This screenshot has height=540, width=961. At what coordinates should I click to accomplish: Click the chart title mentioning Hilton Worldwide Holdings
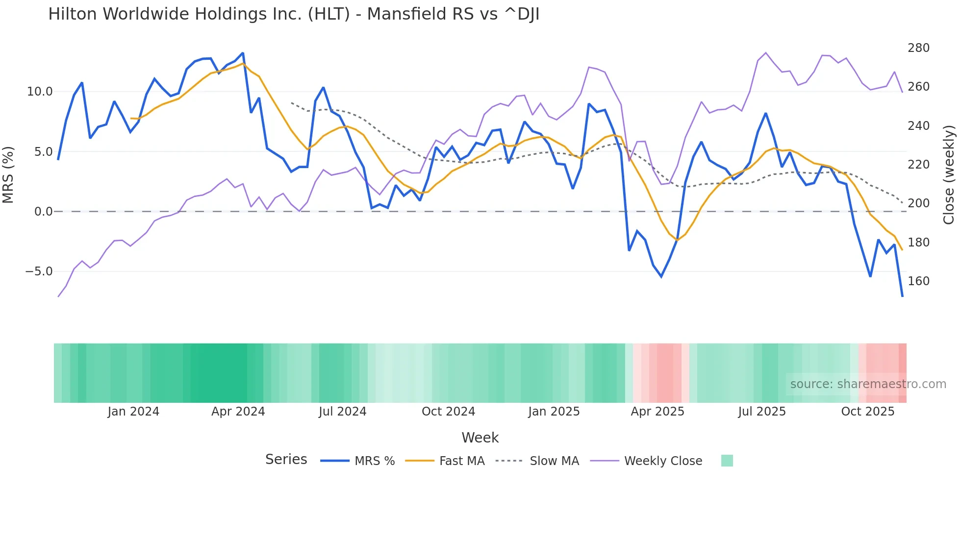tap(294, 14)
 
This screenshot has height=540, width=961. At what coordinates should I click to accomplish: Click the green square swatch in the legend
tap(727, 461)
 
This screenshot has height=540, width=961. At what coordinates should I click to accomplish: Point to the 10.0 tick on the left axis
tap(39, 92)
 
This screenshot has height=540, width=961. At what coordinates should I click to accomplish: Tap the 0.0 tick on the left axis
tap(43, 212)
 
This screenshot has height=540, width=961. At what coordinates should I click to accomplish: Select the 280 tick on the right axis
tap(918, 48)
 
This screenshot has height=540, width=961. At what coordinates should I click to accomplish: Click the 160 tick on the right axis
tap(918, 281)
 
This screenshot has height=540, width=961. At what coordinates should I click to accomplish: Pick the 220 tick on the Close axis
tap(918, 165)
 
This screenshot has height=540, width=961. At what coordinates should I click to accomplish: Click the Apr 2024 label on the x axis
tap(238, 412)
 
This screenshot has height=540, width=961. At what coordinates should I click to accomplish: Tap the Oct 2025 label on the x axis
tap(867, 412)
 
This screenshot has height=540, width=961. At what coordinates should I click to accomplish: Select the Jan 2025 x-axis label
tap(554, 412)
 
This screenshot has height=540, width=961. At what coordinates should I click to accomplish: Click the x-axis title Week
tap(480, 438)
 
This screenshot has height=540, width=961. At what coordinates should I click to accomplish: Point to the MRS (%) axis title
tap(8, 174)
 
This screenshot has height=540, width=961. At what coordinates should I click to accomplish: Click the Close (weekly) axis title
tap(949, 174)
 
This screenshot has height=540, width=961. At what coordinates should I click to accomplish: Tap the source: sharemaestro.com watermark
tap(868, 384)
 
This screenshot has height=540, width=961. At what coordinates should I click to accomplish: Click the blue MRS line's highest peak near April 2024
tap(243, 53)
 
